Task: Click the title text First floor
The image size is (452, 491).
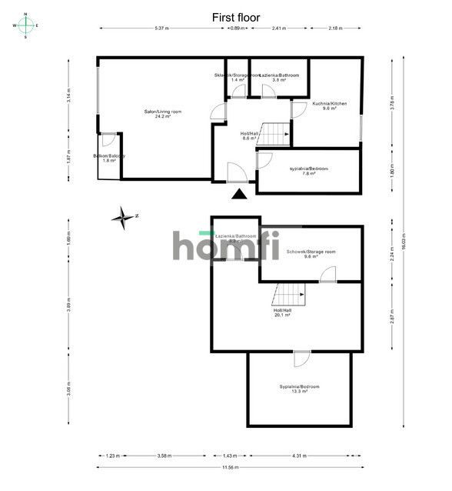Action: coord(235,17)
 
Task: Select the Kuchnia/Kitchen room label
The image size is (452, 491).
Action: coord(330,105)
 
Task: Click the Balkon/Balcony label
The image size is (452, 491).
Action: coord(108,158)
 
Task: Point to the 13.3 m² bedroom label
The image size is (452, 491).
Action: coord(299,388)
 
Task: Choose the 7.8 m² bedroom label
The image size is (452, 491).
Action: coord(308,170)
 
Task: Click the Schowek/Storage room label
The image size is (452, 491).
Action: coord(311,253)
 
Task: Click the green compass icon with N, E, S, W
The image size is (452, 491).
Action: coord(26,25)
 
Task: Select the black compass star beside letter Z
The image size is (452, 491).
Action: coord(122,218)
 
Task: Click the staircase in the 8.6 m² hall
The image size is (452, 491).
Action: coord(275,133)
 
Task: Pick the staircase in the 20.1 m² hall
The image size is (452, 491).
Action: coord(290,293)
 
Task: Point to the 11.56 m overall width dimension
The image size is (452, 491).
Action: coord(230,467)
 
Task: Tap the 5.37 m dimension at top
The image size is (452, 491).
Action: coord(161,28)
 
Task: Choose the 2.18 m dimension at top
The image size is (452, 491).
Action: coord(335,28)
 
